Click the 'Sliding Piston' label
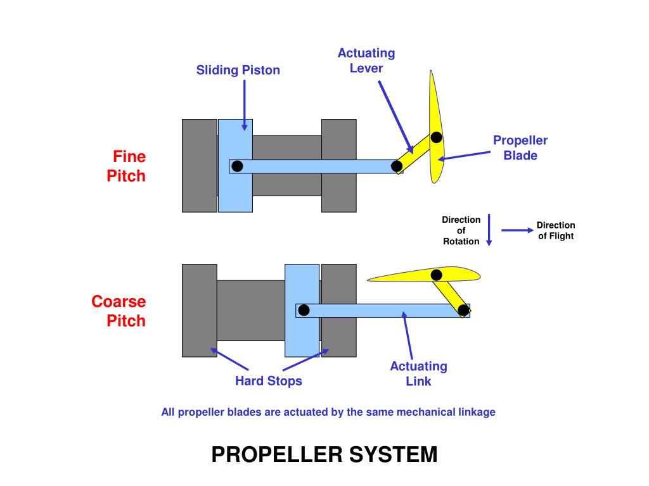[238, 70]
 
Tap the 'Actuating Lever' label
[366, 60]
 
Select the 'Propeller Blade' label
[520, 147]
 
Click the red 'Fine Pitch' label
[126, 166]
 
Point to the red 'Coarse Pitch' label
[119, 311]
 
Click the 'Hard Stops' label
[269, 381]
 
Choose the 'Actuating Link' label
[418, 373]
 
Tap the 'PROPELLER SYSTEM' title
[324, 454]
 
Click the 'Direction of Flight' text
[556, 230]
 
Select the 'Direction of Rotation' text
[461, 230]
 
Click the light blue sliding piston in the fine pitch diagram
[236, 190]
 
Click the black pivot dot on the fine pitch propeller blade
[436, 137]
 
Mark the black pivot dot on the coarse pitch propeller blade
[436, 275]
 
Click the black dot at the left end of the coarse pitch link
[304, 310]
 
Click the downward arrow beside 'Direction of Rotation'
[489, 230]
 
